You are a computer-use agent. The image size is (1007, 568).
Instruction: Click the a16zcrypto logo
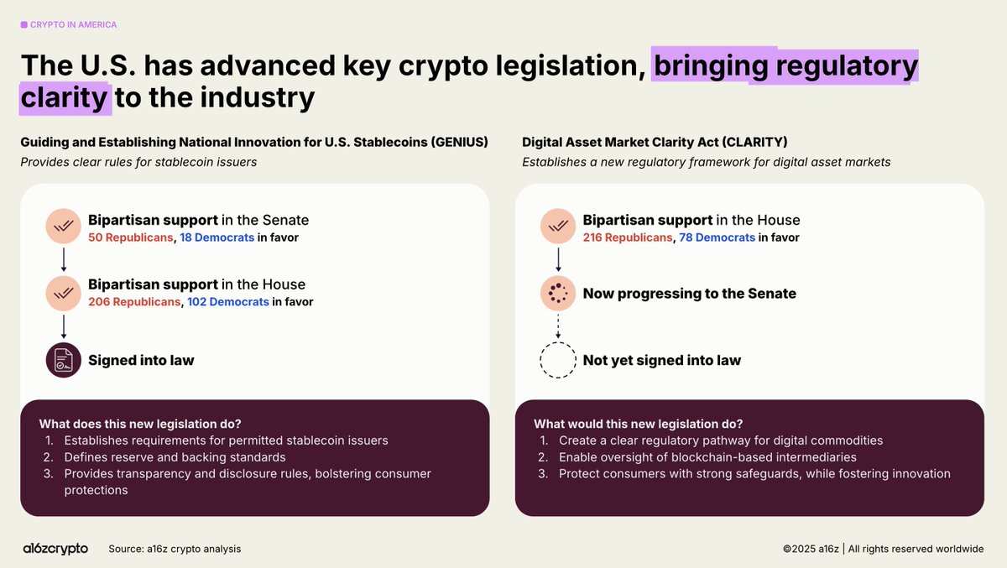pyautogui.click(x=55, y=549)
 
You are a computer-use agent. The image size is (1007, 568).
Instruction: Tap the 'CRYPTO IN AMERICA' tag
pyautogui.click(x=69, y=24)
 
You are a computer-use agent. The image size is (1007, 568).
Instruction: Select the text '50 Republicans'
pyautogui.click(x=130, y=237)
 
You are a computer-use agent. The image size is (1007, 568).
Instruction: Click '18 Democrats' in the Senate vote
pyautogui.click(x=217, y=237)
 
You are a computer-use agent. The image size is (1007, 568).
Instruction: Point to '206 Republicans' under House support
pyautogui.click(x=134, y=301)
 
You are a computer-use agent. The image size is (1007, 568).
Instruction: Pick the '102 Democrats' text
pyautogui.click(x=228, y=301)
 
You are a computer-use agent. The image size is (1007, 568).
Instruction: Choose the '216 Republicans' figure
pyautogui.click(x=628, y=237)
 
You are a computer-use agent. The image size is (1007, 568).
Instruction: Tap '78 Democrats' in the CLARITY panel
pyautogui.click(x=717, y=237)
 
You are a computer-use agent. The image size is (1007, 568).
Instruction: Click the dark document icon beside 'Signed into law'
pyautogui.click(x=64, y=360)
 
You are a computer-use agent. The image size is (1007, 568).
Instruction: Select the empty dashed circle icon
pyautogui.click(x=558, y=342)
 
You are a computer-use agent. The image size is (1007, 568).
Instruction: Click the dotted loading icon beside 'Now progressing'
pyautogui.click(x=558, y=294)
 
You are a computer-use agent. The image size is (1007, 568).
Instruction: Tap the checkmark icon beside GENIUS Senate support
pyautogui.click(x=64, y=226)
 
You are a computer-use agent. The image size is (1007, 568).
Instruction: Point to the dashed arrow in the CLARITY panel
pyautogui.click(x=558, y=326)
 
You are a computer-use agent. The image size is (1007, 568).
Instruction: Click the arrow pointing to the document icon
pyautogui.click(x=64, y=326)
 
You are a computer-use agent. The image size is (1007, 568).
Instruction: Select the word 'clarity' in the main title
pyautogui.click(x=64, y=98)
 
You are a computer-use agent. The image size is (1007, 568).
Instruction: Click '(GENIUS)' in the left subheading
pyautogui.click(x=460, y=142)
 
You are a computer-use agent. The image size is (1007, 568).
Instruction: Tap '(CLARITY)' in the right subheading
pyautogui.click(x=754, y=142)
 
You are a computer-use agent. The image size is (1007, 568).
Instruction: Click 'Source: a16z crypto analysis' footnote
pyautogui.click(x=175, y=549)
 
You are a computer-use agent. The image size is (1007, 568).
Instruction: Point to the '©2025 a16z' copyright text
pyautogui.click(x=811, y=549)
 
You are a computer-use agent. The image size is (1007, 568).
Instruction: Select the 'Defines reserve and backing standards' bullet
pyautogui.click(x=175, y=457)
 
